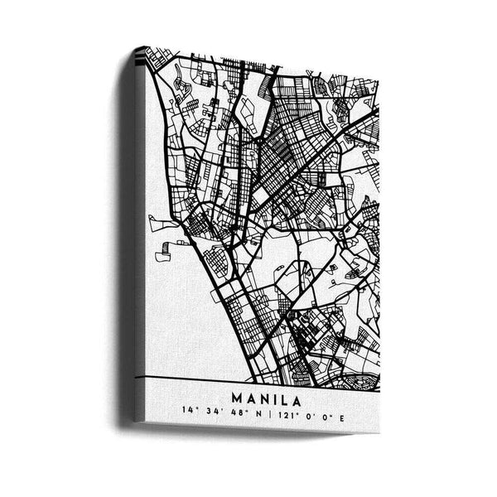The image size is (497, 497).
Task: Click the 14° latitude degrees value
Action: tap(193, 409)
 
